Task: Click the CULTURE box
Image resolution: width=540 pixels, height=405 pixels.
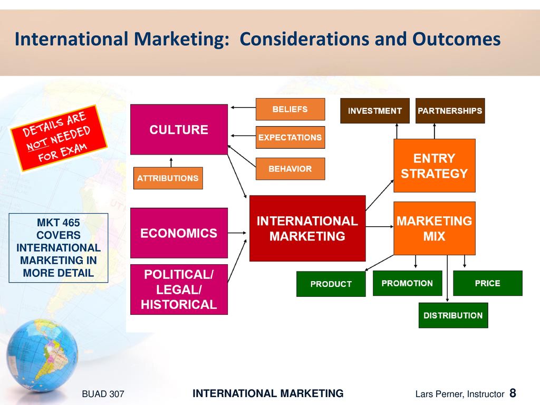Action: tap(179, 130)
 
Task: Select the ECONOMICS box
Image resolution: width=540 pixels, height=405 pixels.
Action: tap(179, 233)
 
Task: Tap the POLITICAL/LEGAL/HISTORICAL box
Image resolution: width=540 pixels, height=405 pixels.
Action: tap(179, 290)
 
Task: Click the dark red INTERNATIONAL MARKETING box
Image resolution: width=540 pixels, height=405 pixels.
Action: tap(307, 228)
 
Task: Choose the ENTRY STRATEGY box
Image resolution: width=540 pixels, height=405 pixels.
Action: tap(435, 166)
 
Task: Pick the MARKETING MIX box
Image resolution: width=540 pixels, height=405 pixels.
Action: tap(435, 228)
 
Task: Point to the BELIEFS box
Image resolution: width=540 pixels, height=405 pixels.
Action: tap(290, 109)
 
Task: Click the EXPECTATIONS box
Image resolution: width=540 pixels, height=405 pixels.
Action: tap(290, 138)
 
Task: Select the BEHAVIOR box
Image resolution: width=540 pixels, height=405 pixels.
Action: tap(290, 169)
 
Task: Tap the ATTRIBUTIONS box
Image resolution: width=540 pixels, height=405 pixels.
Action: tap(168, 178)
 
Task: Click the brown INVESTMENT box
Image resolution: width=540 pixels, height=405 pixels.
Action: tap(375, 111)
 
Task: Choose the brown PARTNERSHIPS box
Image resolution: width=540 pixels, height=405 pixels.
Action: tap(450, 111)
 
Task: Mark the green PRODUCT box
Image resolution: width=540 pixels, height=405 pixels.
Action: tap(331, 284)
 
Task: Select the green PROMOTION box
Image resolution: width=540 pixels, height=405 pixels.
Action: tap(407, 283)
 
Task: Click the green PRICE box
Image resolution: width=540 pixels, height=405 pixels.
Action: tap(487, 283)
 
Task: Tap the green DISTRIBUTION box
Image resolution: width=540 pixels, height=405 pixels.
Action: tap(453, 315)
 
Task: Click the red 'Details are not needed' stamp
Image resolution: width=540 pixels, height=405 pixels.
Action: tap(59, 138)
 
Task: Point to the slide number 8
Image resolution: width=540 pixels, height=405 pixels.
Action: tap(513, 393)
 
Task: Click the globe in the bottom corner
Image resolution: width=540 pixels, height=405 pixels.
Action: tap(42, 355)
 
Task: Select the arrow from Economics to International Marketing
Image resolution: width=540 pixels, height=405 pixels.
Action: tap(237, 233)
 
